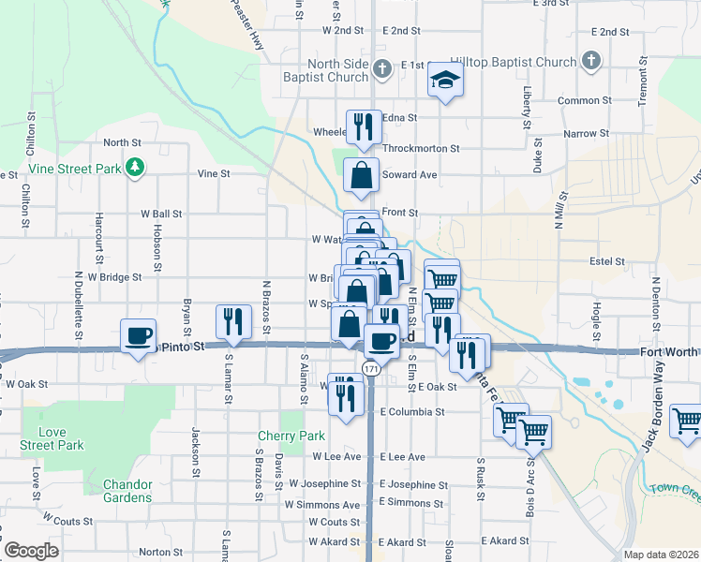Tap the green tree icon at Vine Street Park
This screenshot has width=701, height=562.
point(137,168)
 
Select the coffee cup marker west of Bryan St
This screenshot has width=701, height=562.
point(138,335)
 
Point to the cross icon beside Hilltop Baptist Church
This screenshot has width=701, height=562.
point(590,63)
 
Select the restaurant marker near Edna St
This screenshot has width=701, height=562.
point(363,127)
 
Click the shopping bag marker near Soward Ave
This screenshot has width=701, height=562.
point(361,175)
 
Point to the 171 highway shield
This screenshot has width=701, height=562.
point(372,370)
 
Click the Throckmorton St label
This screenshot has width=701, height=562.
point(421,148)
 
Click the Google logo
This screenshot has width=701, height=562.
point(31,551)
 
